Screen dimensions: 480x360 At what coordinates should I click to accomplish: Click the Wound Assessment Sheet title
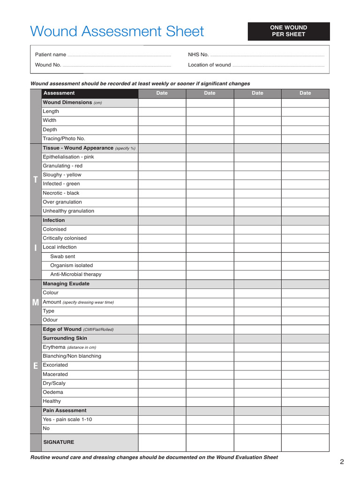tap(117, 31)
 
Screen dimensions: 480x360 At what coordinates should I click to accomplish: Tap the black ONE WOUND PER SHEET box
tap(288, 31)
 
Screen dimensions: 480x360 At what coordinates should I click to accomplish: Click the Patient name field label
tap(51, 55)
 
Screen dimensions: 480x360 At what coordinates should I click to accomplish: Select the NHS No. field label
tap(198, 55)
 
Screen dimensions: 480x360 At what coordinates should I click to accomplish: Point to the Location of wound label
tap(209, 65)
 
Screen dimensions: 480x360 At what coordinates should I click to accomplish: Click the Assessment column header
tap(59, 93)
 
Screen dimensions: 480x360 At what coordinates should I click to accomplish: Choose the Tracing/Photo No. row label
tap(64, 139)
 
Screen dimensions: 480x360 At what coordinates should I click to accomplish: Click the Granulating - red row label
tap(62, 166)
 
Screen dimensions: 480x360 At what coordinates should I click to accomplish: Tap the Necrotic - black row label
tap(61, 193)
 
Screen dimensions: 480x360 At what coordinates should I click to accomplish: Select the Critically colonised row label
tap(65, 238)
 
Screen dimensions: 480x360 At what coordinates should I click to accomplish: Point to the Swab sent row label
tap(62, 256)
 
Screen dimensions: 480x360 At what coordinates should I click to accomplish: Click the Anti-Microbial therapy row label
tap(75, 274)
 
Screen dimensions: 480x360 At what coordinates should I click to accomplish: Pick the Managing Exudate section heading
tap(66, 284)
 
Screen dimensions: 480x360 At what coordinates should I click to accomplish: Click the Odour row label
tap(50, 320)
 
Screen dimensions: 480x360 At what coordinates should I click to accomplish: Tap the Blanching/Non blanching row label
tap(72, 356)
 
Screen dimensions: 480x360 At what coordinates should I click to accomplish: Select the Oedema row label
tap(52, 392)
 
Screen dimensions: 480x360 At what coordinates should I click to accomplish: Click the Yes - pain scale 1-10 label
tap(67, 420)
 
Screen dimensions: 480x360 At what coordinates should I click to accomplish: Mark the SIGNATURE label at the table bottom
tap(59, 442)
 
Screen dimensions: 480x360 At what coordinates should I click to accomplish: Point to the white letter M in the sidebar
tap(36, 302)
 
